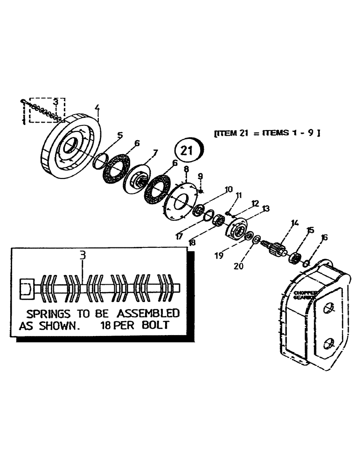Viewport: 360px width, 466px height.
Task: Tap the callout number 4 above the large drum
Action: pyautogui.click(x=97, y=110)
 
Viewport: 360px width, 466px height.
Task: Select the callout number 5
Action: pyautogui.click(x=120, y=136)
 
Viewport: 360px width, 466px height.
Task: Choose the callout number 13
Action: pyautogui.click(x=266, y=209)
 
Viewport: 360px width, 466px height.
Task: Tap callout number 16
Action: pyautogui.click(x=324, y=237)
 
